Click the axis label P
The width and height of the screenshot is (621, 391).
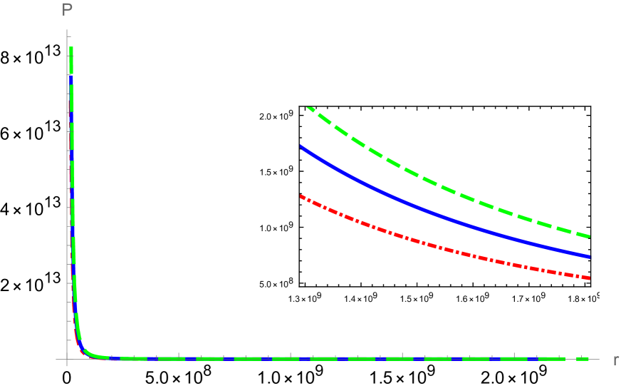[x=68, y=10]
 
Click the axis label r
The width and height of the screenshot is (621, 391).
[x=615, y=360]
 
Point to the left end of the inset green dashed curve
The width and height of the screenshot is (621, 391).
[x=308, y=108]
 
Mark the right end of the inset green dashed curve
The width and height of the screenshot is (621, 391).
[x=590, y=236]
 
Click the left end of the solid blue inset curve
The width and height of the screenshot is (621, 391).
[x=301, y=146]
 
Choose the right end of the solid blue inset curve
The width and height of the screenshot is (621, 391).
[x=590, y=256]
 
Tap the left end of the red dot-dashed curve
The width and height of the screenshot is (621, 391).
[x=301, y=195]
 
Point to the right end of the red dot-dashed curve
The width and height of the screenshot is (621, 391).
[x=590, y=278]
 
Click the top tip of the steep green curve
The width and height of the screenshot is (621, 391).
[x=71, y=49]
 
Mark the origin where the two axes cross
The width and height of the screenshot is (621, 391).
[x=67, y=359]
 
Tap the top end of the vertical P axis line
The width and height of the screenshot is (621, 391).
[x=67, y=30]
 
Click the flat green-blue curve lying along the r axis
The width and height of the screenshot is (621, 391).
[x=320, y=358]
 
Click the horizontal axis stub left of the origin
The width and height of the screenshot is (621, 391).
[x=61, y=359]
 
